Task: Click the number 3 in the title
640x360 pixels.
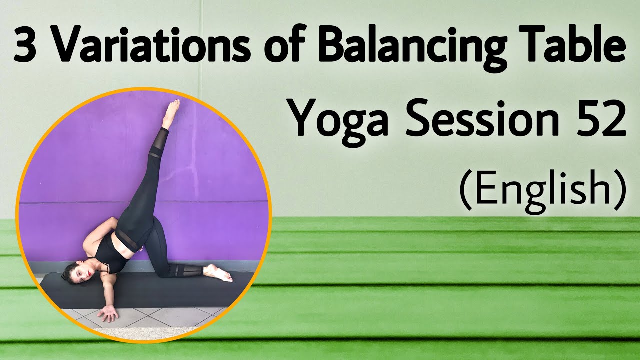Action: click(x=26, y=46)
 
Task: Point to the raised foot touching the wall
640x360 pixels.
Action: click(x=171, y=113)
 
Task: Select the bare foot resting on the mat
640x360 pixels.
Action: click(x=219, y=272)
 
